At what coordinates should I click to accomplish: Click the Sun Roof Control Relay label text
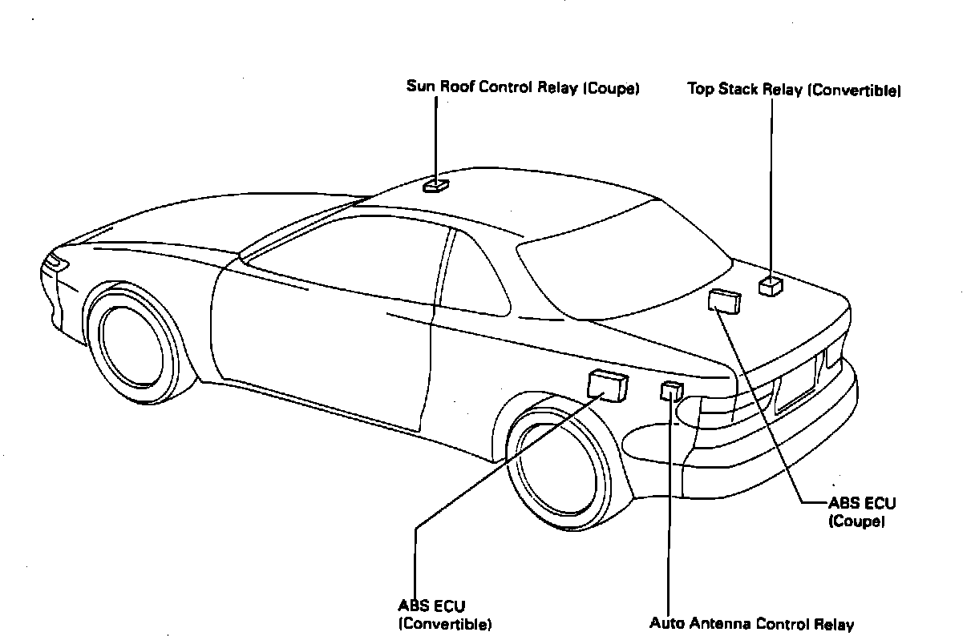522,88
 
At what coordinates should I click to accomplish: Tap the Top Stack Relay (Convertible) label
794,90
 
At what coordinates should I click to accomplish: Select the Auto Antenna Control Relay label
751,624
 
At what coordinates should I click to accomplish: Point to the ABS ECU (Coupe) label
862,512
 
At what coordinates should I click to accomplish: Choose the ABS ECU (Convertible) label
444,614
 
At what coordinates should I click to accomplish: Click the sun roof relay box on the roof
436,186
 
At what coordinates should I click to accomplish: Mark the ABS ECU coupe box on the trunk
725,300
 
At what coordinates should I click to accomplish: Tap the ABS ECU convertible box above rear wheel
607,384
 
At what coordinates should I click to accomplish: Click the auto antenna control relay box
671,391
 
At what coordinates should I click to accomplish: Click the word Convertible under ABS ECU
444,623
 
